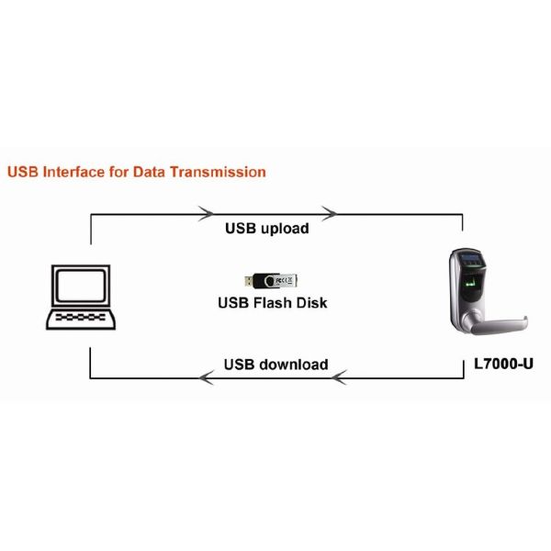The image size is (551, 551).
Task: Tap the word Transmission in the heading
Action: click(219, 172)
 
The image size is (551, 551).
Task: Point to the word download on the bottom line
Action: click(293, 365)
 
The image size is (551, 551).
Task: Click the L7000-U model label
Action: click(503, 365)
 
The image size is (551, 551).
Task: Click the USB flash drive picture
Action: click(272, 279)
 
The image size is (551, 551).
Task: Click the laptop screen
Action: click(80, 286)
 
